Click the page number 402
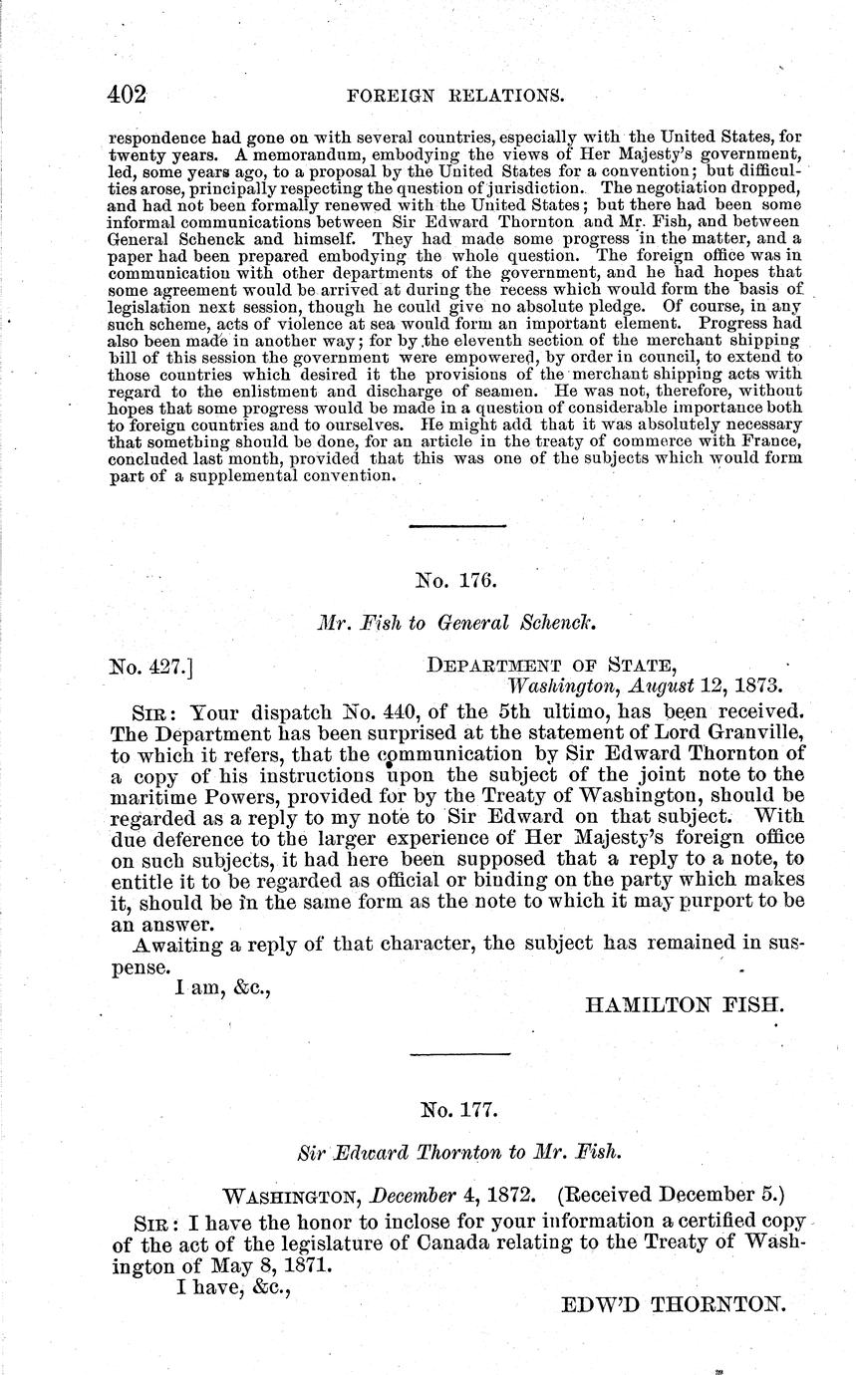tap(128, 95)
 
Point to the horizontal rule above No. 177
tap(459, 1053)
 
